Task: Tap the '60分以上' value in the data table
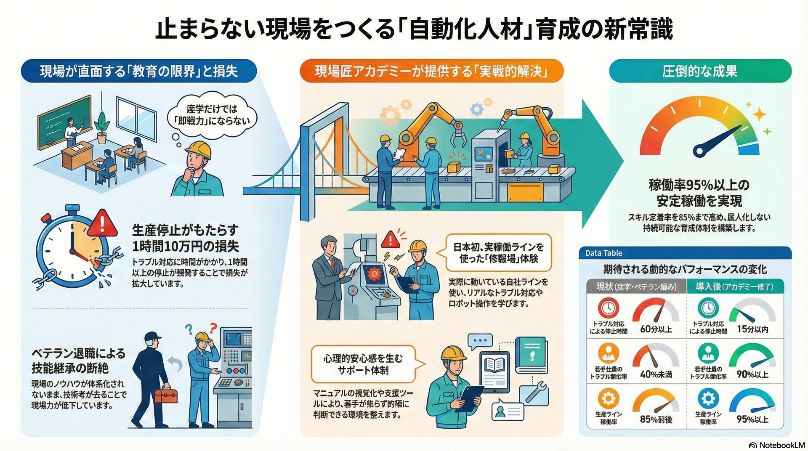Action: click(656, 329)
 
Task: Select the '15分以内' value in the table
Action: click(752, 329)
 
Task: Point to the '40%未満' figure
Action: click(656, 374)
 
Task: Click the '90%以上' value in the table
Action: click(752, 374)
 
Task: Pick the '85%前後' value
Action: click(656, 419)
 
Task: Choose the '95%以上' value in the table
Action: click(752, 419)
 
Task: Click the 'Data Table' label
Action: click(603, 253)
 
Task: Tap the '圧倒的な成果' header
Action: click(700, 71)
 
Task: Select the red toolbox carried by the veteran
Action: click(166, 395)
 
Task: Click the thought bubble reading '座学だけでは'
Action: click(212, 115)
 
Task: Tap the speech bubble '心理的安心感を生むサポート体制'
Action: click(363, 364)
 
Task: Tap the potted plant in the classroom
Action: click(102, 127)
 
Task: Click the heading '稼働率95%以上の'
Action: click(699, 185)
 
